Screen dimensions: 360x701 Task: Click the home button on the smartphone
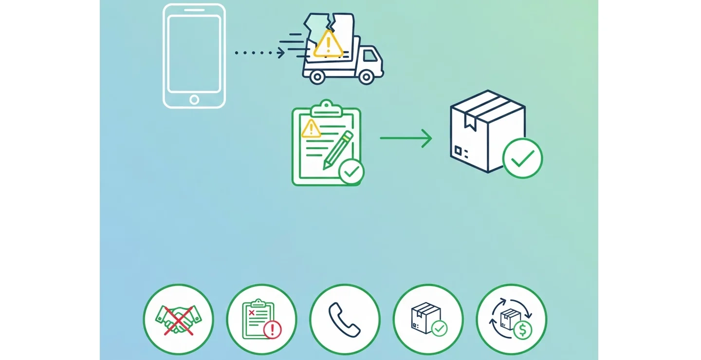point(194,100)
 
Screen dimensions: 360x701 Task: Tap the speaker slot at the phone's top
point(194,10)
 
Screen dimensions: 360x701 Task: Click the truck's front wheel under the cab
point(366,76)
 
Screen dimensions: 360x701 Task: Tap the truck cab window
point(370,56)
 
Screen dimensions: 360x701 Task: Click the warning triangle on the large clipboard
point(311,129)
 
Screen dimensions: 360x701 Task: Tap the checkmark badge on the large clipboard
point(351,171)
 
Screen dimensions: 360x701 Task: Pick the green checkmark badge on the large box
point(522,158)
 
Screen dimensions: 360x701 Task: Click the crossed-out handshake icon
point(178,320)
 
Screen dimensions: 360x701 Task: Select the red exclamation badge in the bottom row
point(272,331)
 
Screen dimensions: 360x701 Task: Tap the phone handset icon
point(345,320)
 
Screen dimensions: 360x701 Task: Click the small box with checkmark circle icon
point(428,320)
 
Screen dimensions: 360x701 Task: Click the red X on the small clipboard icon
point(252,312)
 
